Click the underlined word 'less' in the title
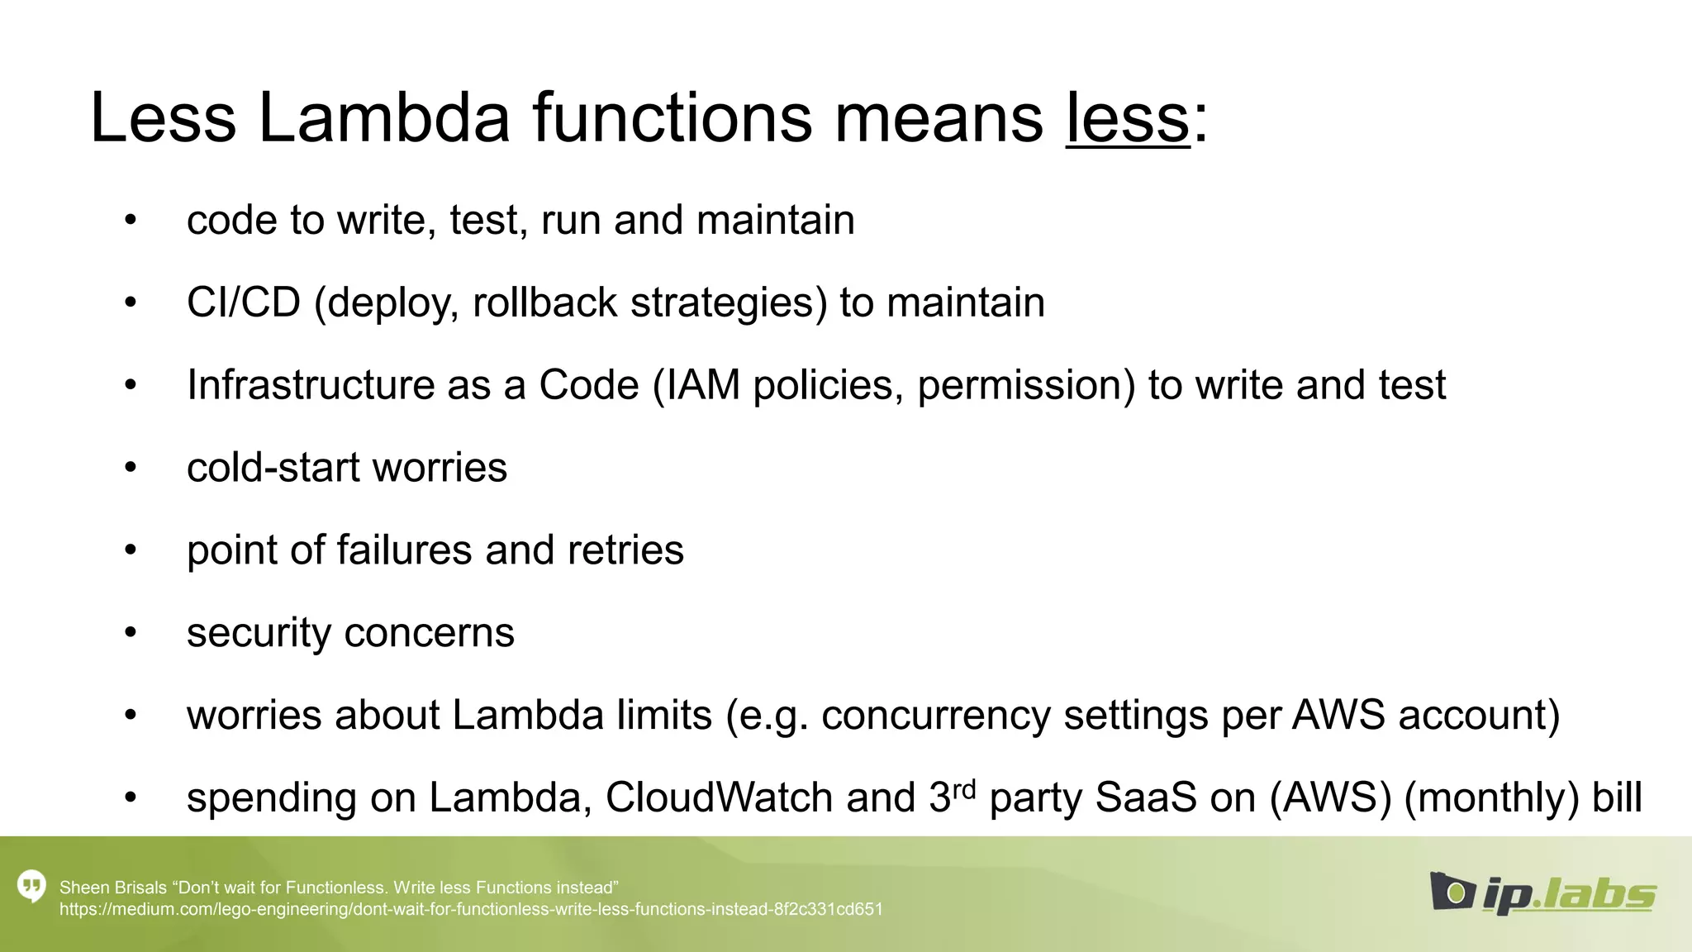point(1128,118)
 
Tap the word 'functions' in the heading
point(672,118)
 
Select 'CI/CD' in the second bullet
point(244,302)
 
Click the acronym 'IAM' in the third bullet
point(703,385)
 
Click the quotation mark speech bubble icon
point(31,887)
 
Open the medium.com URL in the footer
point(471,909)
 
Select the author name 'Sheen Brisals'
point(113,888)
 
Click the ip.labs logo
point(1542,893)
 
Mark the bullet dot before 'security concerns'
point(130,633)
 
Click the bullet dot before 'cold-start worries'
point(130,468)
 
